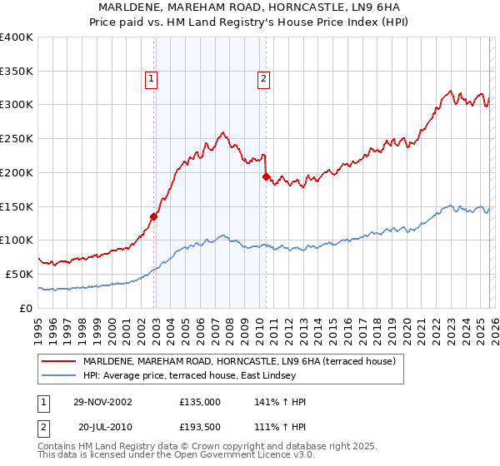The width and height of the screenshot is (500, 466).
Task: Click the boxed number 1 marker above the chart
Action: click(x=152, y=80)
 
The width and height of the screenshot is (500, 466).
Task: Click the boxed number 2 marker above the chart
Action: click(x=263, y=80)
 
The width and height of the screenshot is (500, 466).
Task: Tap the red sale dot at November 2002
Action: click(x=154, y=216)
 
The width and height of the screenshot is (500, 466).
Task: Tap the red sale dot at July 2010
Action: click(x=266, y=176)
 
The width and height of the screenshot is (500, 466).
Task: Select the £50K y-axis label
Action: click(x=20, y=274)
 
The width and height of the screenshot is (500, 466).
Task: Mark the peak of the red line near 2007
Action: click(x=222, y=132)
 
